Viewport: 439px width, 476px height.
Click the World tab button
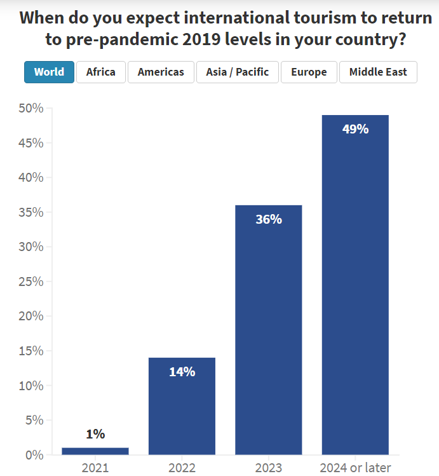[49, 72]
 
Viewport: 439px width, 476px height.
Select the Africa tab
[100, 72]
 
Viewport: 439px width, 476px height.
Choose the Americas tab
[161, 72]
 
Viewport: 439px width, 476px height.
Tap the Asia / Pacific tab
[237, 72]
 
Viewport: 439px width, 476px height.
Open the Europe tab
[309, 72]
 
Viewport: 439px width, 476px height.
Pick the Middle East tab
[378, 72]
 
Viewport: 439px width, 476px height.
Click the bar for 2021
[95, 451]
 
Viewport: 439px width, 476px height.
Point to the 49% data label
[355, 129]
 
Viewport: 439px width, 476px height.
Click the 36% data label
[268, 219]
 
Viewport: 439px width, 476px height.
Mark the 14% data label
[182, 372]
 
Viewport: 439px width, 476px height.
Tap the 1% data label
[95, 434]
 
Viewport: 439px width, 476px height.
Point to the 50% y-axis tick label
[30, 109]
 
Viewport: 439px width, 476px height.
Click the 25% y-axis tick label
[30, 282]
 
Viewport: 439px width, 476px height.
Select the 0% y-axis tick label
[34, 455]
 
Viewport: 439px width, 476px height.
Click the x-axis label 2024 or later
[355, 468]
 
